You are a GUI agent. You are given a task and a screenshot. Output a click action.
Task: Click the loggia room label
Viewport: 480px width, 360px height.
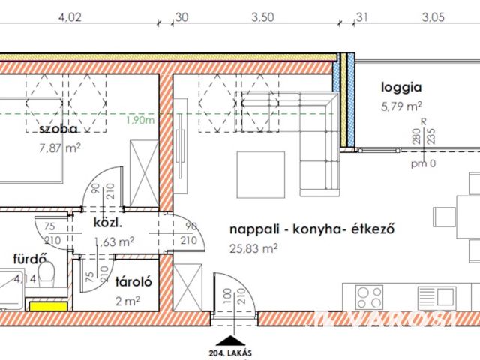(402, 87)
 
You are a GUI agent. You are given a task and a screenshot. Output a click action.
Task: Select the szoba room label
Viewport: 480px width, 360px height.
(61, 130)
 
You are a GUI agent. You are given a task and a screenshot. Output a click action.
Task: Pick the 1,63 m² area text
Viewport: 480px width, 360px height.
(115, 241)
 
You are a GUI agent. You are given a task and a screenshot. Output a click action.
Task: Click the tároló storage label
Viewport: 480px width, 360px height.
(134, 283)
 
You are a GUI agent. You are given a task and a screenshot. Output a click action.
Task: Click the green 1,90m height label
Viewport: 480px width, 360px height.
(140, 120)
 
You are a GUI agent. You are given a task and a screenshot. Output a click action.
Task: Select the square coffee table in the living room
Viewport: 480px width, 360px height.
(260, 171)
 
